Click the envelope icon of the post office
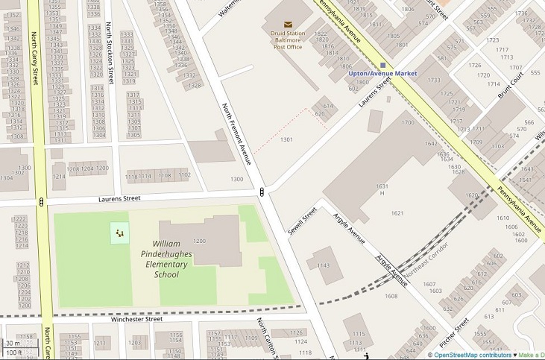click(x=288, y=24)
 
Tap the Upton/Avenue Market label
click(x=382, y=74)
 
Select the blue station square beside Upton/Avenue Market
click(x=383, y=65)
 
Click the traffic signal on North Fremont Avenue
click(x=262, y=193)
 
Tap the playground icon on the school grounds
click(x=119, y=233)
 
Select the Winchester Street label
click(x=137, y=319)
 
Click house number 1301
click(x=286, y=139)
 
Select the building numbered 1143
click(x=323, y=265)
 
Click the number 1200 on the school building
click(x=199, y=241)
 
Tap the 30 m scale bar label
click(x=13, y=343)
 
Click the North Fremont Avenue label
click(x=236, y=134)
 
